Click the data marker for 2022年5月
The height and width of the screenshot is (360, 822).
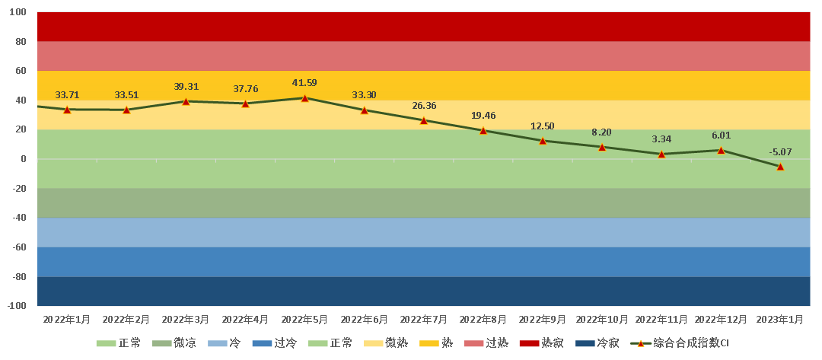304,98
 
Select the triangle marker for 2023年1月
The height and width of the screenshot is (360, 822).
780,167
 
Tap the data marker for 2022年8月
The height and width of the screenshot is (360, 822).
483,130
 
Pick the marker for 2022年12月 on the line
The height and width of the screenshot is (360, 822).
721,151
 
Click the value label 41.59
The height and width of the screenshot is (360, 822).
304,83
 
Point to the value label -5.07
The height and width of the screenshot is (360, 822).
780,152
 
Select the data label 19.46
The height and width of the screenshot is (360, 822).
483,116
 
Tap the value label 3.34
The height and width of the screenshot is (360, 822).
661,139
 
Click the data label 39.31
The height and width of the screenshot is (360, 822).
186,87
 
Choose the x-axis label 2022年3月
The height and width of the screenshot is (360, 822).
186,320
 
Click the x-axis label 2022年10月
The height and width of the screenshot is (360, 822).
602,320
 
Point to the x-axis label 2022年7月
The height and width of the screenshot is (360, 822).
424,320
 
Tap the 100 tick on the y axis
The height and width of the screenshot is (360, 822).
19,13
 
